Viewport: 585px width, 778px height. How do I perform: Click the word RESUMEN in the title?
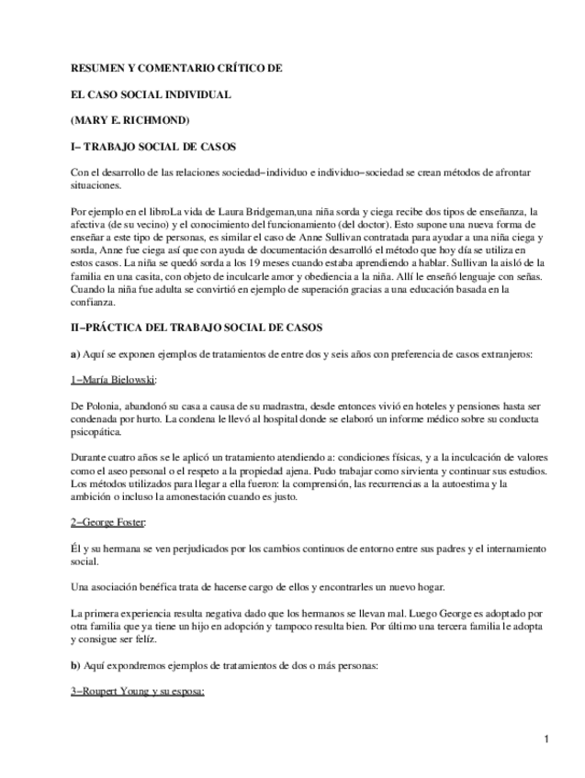[x=99, y=68]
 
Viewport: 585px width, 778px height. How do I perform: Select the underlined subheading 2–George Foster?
[x=108, y=522]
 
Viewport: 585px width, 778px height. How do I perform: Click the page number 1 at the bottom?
[x=546, y=739]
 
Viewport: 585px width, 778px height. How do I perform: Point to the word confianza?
[x=94, y=301]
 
